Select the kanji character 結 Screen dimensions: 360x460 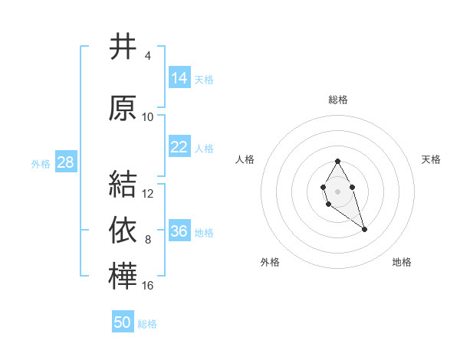[123, 185]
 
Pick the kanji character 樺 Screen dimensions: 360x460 [123, 277]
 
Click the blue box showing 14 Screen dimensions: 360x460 [179, 77]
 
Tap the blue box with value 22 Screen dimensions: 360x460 [179, 147]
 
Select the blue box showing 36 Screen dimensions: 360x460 [179, 231]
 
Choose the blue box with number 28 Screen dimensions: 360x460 [65, 162]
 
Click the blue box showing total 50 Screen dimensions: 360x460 [123, 322]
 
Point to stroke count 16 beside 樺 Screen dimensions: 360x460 [148, 286]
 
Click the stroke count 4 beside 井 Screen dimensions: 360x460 [148, 56]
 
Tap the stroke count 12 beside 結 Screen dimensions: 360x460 [148, 194]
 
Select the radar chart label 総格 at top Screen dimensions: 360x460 [338, 100]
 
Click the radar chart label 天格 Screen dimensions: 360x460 [432, 159]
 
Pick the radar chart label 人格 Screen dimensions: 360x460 [245, 159]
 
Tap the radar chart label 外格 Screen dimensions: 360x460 [270, 262]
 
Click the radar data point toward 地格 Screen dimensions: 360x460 [364, 229]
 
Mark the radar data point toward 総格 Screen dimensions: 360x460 [337, 161]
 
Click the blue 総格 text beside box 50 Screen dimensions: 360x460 [147, 324]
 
